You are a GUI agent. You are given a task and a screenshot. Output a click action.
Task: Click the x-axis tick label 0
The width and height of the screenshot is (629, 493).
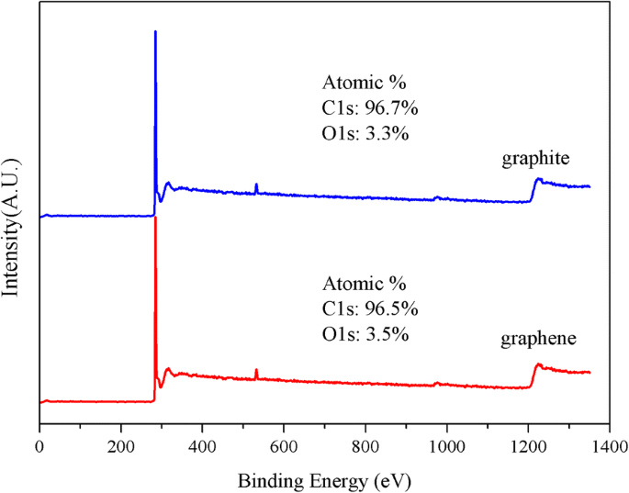point(39,448)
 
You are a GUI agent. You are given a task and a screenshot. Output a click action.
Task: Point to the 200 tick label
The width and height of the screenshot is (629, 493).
point(120,448)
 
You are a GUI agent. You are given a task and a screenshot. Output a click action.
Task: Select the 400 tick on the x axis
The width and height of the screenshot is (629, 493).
point(202,448)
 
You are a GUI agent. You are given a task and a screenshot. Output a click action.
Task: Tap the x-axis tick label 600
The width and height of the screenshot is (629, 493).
point(284,448)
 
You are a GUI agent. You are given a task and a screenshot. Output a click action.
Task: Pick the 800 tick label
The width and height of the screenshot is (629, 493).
point(365,448)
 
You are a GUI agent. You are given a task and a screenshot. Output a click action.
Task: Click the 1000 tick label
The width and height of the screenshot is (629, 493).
point(446,448)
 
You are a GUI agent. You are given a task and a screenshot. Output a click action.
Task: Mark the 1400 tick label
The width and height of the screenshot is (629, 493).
point(608,448)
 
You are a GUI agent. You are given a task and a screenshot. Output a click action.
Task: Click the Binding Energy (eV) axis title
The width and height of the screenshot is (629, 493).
point(324,480)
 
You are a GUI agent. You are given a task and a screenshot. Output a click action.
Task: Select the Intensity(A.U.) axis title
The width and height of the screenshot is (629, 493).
point(12,224)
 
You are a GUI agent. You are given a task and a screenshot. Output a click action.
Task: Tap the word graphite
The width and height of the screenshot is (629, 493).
point(536,159)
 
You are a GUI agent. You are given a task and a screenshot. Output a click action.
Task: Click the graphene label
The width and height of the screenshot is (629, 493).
point(538,339)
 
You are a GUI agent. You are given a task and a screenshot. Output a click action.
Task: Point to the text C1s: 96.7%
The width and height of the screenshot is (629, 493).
point(369,108)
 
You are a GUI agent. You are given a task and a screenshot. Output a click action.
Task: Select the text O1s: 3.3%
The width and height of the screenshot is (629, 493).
point(365,133)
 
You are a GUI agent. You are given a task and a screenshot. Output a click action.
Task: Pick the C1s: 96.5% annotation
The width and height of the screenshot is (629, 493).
point(369,308)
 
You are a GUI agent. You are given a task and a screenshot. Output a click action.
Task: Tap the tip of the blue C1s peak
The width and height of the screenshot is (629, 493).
point(155,32)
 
